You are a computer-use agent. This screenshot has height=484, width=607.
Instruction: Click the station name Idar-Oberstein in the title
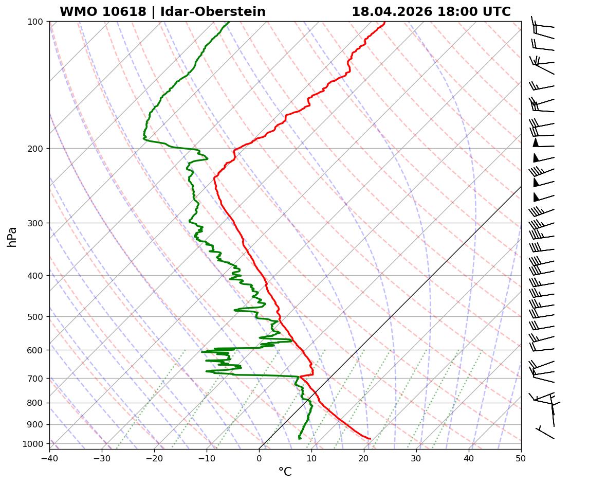(x=213, y=12)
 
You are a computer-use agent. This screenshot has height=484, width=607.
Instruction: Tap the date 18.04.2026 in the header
(x=392, y=12)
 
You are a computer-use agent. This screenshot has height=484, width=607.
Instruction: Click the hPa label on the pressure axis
(x=12, y=237)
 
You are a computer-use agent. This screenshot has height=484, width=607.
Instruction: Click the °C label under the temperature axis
(x=285, y=472)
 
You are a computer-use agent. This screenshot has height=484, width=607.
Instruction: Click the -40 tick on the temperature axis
(x=49, y=456)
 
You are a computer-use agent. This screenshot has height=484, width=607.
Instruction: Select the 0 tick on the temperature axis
(x=259, y=456)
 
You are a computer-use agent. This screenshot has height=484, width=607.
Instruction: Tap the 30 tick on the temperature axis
(x=416, y=456)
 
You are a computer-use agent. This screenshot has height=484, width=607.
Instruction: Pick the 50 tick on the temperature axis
(x=521, y=456)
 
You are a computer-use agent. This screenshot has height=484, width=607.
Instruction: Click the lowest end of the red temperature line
(x=370, y=439)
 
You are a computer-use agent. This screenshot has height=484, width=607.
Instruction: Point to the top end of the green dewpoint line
(x=229, y=22)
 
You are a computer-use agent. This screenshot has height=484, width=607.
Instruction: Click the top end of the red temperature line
(x=384, y=22)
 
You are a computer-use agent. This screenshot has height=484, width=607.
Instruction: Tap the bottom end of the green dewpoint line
(x=300, y=439)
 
